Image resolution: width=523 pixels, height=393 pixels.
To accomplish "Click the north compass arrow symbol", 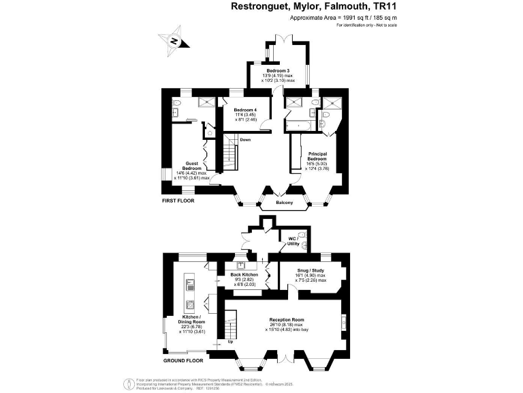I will (174, 40).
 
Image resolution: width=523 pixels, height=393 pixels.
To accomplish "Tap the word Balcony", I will (285, 203).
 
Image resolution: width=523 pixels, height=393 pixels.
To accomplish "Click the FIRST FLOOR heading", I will (178, 202).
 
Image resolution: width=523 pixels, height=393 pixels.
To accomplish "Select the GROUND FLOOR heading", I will (183, 360).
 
